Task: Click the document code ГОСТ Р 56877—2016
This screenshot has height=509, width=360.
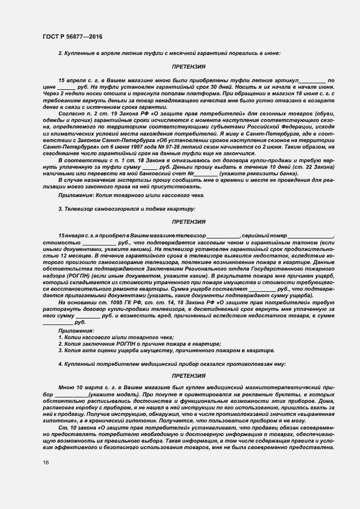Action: click(x=72, y=36)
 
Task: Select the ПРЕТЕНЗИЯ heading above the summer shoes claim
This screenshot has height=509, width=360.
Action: click(x=188, y=66)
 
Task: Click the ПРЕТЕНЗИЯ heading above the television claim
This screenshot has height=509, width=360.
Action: click(x=188, y=222)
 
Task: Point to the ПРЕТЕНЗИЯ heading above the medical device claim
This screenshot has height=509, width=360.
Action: click(x=188, y=376)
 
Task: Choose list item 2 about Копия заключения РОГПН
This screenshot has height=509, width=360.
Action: click(x=139, y=344)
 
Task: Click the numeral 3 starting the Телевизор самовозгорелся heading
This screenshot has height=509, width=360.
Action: click(x=59, y=208)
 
